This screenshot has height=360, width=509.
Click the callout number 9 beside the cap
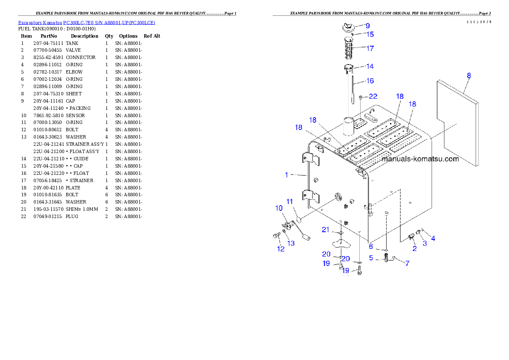(x=367, y=26)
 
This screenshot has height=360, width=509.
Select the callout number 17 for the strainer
(x=370, y=48)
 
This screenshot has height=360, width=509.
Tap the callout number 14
(x=370, y=66)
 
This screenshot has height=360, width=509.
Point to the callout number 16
(x=370, y=80)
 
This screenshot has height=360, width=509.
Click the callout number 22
(x=373, y=97)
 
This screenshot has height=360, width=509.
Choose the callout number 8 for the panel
(x=469, y=76)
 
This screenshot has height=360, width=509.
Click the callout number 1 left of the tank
(x=287, y=174)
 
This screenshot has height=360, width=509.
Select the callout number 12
(x=281, y=249)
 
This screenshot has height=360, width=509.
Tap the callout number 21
(x=326, y=230)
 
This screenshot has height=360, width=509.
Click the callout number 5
(x=371, y=258)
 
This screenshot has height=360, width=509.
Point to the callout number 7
(x=407, y=263)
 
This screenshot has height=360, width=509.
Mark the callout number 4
(x=433, y=239)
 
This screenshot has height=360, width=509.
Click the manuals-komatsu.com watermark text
(x=420, y=159)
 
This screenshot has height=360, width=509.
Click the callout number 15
(x=370, y=34)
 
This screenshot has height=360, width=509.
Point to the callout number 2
(x=414, y=248)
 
